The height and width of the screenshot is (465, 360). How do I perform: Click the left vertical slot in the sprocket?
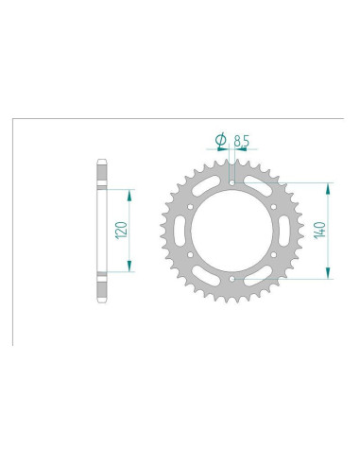point(181,230)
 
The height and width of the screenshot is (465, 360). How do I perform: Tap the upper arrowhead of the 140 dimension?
point(328,183)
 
